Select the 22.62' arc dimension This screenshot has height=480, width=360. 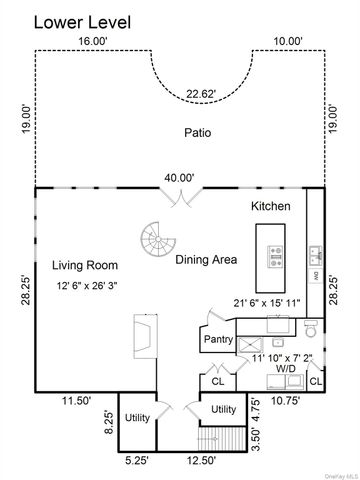(199, 97)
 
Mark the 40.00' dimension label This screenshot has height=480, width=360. (180, 178)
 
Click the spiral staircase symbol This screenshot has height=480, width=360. (156, 240)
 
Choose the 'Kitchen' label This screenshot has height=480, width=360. (270, 206)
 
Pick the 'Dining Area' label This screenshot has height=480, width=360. (206, 260)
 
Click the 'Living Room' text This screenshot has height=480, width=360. (85, 265)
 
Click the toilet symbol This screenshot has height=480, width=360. (310, 329)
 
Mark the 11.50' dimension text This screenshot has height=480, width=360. (76, 400)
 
